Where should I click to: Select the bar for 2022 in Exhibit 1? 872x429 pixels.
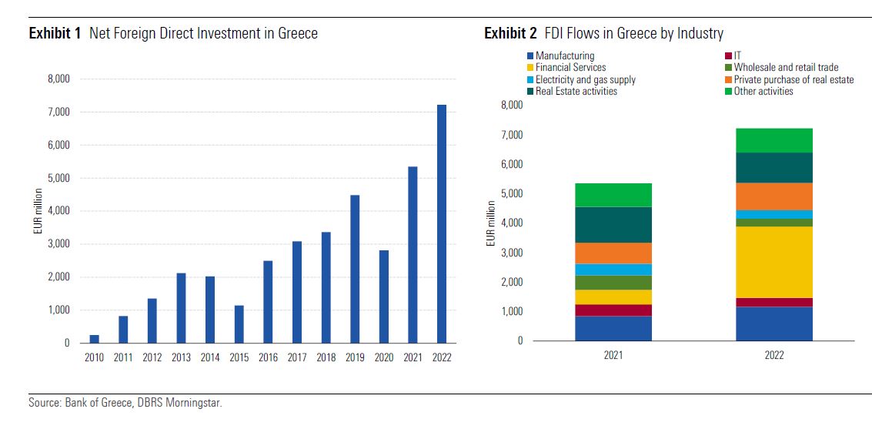[x=442, y=223]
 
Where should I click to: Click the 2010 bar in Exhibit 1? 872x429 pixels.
[x=94, y=339]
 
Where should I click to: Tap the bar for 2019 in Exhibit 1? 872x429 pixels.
[x=355, y=269]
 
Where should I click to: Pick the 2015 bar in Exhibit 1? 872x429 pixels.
[x=239, y=324]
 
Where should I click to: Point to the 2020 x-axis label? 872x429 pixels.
[x=384, y=357]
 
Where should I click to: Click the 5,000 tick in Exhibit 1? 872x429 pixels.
[x=58, y=178]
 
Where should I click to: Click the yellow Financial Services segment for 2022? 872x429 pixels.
[x=773, y=262]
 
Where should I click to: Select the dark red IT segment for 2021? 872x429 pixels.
[x=613, y=310]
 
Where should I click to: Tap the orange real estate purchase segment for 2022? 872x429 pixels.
[x=773, y=196]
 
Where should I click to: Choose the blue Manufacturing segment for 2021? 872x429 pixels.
[x=613, y=328]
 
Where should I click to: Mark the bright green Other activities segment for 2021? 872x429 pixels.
[x=613, y=195]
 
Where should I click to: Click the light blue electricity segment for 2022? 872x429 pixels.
[x=773, y=214]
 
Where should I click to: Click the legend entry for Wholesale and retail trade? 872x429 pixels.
[x=785, y=68]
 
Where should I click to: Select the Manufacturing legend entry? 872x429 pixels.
[x=564, y=56]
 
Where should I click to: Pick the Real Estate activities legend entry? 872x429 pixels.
[x=575, y=91]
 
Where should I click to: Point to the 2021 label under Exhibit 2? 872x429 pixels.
[x=613, y=356]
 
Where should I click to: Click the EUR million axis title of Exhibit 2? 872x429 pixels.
[x=490, y=223]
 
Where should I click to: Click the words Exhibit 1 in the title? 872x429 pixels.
[x=55, y=33]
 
